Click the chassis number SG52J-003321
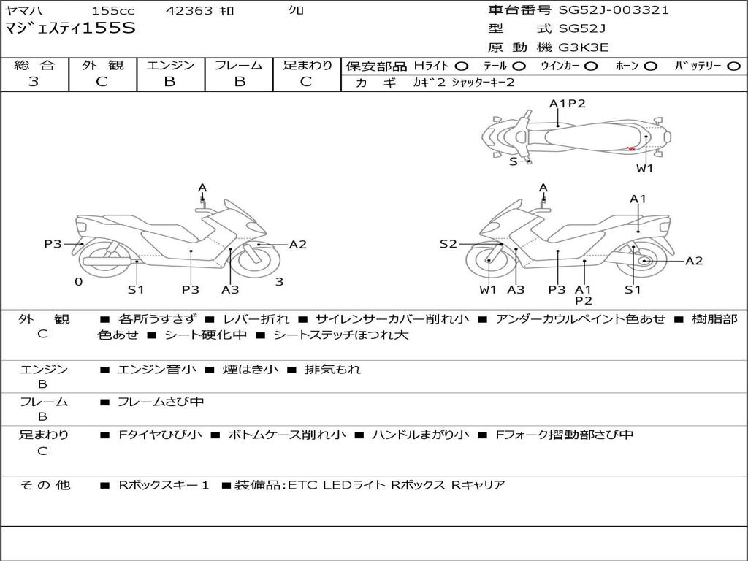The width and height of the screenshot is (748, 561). coord(614,10)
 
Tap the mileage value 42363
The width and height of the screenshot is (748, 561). coord(189,10)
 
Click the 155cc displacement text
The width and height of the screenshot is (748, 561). coord(113,10)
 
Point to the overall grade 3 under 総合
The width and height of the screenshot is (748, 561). coord(34,82)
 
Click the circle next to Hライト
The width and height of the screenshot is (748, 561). coord(462,66)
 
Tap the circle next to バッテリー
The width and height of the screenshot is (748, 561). coord(733,66)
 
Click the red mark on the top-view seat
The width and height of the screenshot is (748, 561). coord(631,149)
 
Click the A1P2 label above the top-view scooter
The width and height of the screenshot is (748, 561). coord(567,104)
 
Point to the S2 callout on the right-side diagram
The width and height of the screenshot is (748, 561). coord(448,244)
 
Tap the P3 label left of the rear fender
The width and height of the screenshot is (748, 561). coord(53,244)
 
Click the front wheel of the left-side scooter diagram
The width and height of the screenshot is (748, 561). coord(259,260)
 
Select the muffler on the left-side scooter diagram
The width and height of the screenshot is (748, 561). coord(108,262)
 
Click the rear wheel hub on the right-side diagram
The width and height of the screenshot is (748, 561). coord(644,261)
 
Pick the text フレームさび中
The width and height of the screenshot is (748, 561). coord(161,402)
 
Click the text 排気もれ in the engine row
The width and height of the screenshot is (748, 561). coord(332,369)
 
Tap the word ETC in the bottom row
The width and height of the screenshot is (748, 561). coord(302,485)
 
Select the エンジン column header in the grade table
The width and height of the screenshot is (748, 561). coord(171,65)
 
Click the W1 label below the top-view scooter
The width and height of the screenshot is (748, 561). coord(644,169)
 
